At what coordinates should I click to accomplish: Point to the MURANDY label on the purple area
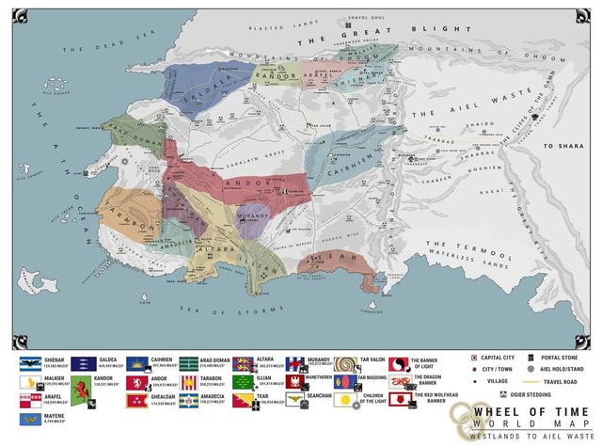point(251,214)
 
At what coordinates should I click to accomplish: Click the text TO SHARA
point(562,147)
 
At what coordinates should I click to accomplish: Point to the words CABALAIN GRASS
point(241,155)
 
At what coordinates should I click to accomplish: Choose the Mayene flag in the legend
point(29,419)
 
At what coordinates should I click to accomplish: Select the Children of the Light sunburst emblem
point(347,399)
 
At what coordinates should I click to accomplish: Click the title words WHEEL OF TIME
point(531,411)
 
